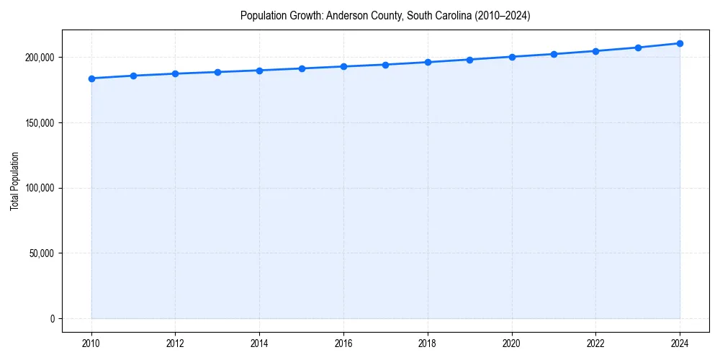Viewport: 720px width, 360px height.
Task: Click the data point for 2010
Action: (x=91, y=78)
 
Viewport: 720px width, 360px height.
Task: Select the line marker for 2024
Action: (x=680, y=43)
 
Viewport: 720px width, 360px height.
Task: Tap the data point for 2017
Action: (x=386, y=65)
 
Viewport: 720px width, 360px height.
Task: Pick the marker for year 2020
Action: (x=512, y=57)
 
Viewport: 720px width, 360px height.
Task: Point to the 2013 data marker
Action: (x=217, y=72)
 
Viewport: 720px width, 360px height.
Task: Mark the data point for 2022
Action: (x=595, y=51)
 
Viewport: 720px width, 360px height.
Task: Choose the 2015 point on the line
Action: (x=302, y=68)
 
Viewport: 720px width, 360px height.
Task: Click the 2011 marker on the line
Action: (x=133, y=76)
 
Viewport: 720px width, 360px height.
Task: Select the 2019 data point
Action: (x=469, y=60)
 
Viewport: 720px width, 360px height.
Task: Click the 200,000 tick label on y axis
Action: (x=40, y=58)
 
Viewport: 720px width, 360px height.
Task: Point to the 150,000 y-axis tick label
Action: (x=40, y=123)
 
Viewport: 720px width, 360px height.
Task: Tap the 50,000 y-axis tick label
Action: (x=42, y=253)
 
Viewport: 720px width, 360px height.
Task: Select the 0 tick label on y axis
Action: (x=53, y=319)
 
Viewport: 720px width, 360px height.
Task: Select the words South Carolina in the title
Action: (x=433, y=16)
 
